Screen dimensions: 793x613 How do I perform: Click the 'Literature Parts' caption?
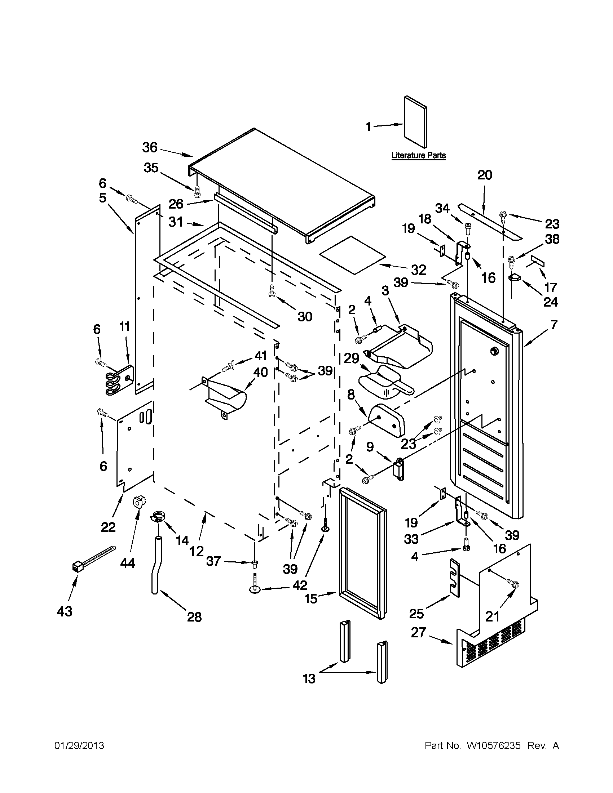418,155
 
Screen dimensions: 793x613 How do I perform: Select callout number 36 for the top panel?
149,147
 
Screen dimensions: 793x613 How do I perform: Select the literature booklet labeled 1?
416,122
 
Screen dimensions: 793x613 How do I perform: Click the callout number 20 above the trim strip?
484,175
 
